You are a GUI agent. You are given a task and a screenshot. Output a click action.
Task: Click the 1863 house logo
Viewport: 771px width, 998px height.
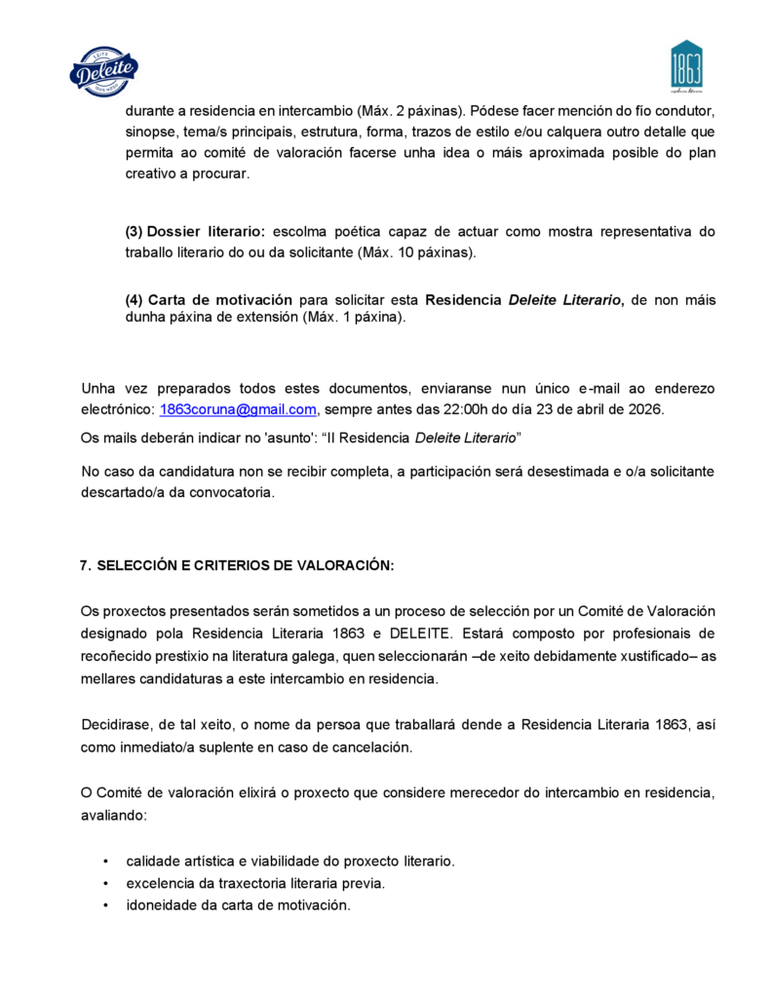click(686, 66)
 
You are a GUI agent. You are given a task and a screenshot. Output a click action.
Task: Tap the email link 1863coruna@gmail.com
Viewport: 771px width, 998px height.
click(238, 409)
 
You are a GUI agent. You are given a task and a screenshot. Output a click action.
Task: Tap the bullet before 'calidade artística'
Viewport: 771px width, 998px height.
click(105, 862)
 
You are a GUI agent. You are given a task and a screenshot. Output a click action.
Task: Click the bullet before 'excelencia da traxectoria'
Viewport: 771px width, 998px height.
click(105, 883)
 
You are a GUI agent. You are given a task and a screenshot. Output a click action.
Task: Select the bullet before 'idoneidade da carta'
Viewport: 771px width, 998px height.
click(105, 904)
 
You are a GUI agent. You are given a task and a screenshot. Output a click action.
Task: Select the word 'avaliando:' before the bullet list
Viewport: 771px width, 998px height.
click(113, 815)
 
